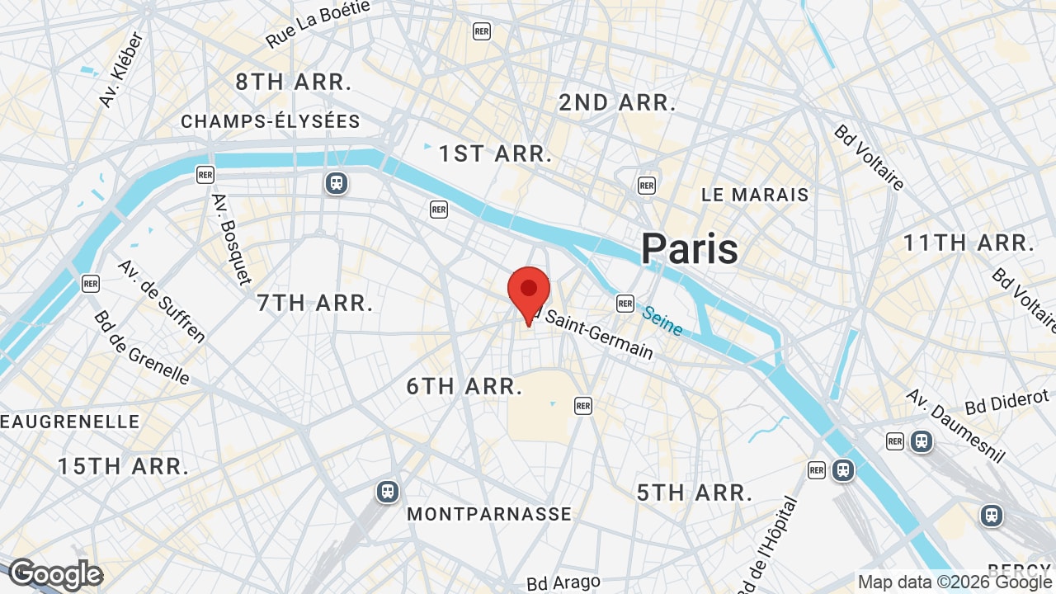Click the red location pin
coord(529,294)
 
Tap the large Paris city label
coord(690,248)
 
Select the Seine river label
coord(662,321)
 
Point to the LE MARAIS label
coord(755,196)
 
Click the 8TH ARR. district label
coord(294,82)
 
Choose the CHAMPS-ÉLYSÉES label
coord(271,122)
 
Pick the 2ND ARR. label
coord(617,103)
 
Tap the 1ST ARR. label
coord(495,154)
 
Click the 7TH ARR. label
coord(315,303)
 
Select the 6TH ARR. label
coord(465,386)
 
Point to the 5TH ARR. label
coord(695,493)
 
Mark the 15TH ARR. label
coord(123,466)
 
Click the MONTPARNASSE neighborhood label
coord(489,514)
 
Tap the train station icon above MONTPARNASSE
coord(387,492)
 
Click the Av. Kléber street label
coord(121,69)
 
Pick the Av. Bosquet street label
coord(232,238)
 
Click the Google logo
coord(55,574)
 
